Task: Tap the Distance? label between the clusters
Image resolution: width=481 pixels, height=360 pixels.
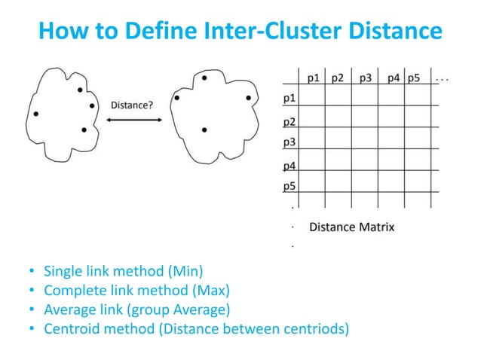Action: coord(132,105)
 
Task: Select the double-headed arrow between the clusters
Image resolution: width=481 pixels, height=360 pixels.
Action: coord(132,117)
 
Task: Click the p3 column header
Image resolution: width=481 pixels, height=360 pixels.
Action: coord(366,77)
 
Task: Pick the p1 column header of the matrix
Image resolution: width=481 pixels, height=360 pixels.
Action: coord(315,77)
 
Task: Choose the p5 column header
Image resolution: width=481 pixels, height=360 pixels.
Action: coord(413,77)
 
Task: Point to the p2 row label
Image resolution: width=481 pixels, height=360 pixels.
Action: coord(289,121)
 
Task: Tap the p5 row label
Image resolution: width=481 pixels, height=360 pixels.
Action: coord(289,187)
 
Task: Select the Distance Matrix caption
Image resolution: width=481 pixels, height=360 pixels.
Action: coord(351,227)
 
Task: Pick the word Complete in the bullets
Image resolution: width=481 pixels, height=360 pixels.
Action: coord(72,290)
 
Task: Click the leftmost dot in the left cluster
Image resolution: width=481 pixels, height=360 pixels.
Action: coord(35,114)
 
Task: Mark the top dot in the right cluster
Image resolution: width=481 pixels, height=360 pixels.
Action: coord(204,78)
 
